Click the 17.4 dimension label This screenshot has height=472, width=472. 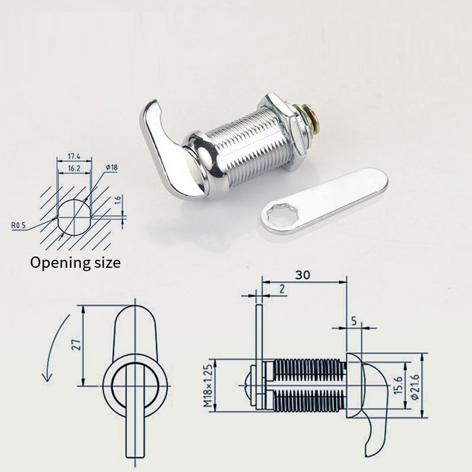pyautogui.click(x=74, y=156)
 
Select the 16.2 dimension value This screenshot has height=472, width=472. pyautogui.click(x=74, y=168)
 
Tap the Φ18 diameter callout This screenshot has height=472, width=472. pyautogui.click(x=111, y=167)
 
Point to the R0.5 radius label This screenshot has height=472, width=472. pyautogui.click(x=19, y=225)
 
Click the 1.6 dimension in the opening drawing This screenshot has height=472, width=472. pyautogui.click(x=118, y=201)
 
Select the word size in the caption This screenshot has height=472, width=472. pyautogui.click(x=107, y=263)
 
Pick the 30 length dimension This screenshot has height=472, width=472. pyautogui.click(x=303, y=275)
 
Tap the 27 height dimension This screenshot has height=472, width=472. pyautogui.click(x=77, y=345)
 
